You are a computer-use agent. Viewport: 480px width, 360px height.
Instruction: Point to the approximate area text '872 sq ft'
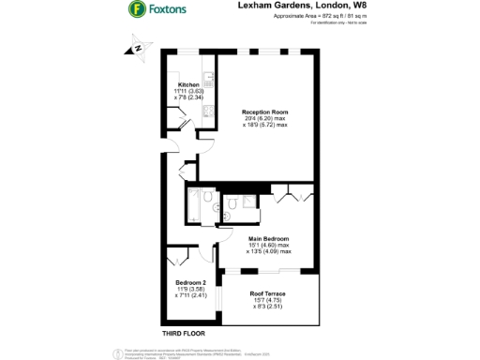coord(317,17)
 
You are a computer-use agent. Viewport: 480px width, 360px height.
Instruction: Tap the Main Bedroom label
coord(268,238)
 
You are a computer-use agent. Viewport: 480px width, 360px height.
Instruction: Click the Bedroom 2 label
coord(191,282)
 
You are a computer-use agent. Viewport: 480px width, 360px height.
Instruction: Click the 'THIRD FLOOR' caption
coord(184,333)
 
